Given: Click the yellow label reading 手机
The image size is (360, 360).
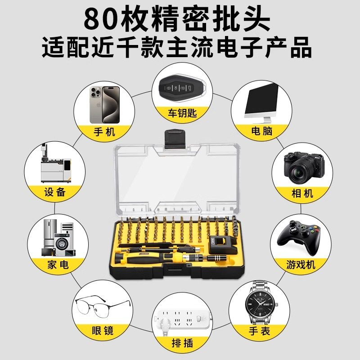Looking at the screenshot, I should (104, 131).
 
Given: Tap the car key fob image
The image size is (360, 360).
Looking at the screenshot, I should (180, 88).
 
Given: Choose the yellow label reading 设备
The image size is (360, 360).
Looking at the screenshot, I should (56, 192).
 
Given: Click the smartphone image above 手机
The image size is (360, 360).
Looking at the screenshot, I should (104, 104).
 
